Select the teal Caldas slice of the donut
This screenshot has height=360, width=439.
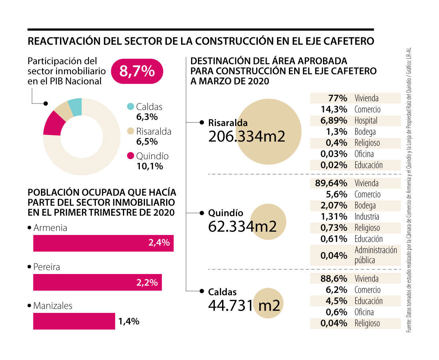coord(75,107)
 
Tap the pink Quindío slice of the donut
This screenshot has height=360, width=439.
coord(52,123)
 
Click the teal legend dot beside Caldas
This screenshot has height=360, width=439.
coord(130,107)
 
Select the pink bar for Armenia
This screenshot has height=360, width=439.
coord(103,243)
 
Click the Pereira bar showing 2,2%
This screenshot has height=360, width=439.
coord(97,282)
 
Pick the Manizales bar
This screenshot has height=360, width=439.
coord(74,321)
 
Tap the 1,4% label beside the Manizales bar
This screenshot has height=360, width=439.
coord(129,322)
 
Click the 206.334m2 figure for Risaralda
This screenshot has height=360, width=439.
coord(247,136)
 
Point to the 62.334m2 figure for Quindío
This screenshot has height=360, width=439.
coord(242,226)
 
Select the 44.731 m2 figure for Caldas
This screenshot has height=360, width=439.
coord(244,305)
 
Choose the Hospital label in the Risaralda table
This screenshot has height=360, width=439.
coord(366,120)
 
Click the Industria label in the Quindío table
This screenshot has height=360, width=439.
coord(367,217)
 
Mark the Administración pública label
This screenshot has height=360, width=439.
coord(376,255)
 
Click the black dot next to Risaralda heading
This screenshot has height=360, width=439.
coord(202,123)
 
